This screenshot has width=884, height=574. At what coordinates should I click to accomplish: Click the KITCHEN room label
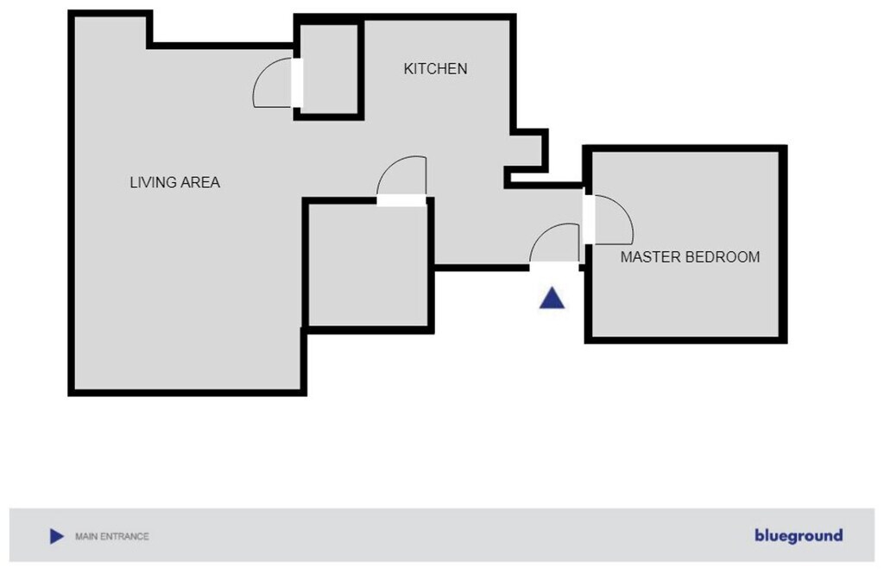(435, 69)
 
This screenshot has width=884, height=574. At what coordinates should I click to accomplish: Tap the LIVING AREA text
(174, 183)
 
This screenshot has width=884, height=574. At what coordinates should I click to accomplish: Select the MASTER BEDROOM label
(690, 257)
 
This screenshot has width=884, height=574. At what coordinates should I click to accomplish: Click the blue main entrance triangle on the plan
(552, 299)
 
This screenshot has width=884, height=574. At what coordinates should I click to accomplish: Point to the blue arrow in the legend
(56, 536)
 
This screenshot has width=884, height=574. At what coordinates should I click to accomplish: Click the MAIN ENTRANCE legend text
(112, 536)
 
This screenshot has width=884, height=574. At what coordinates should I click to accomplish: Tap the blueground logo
(799, 535)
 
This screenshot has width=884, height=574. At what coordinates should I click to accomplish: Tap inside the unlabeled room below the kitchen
(368, 264)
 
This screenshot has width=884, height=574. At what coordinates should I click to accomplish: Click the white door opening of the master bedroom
(589, 220)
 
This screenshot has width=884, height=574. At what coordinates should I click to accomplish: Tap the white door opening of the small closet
(297, 82)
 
